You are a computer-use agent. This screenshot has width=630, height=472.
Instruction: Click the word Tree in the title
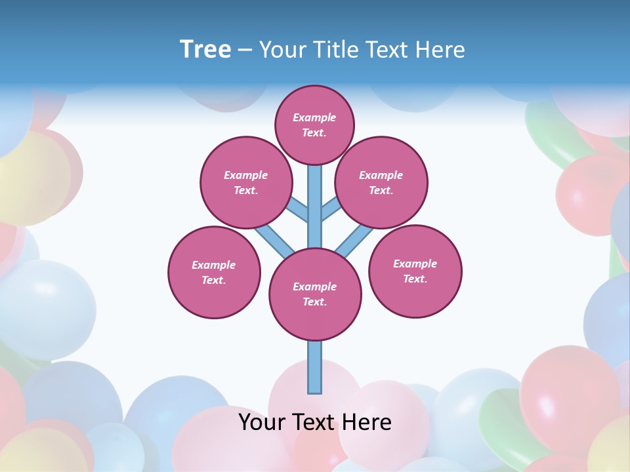(205, 49)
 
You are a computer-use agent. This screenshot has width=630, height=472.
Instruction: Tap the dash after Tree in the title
(245, 50)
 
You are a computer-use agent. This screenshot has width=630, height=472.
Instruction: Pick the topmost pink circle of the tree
(314, 125)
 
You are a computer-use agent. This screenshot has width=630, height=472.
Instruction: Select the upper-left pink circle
(246, 182)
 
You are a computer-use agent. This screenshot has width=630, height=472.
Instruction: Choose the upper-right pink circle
(381, 182)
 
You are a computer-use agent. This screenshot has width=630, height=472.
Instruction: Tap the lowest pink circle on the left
(214, 272)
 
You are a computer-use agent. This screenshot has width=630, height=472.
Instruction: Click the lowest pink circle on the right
(415, 271)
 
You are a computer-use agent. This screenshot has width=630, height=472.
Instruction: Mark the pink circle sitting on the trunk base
(315, 294)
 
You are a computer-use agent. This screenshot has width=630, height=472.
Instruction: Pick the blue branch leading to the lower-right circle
(354, 240)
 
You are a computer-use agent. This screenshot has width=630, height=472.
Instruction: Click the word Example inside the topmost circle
(314, 117)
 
